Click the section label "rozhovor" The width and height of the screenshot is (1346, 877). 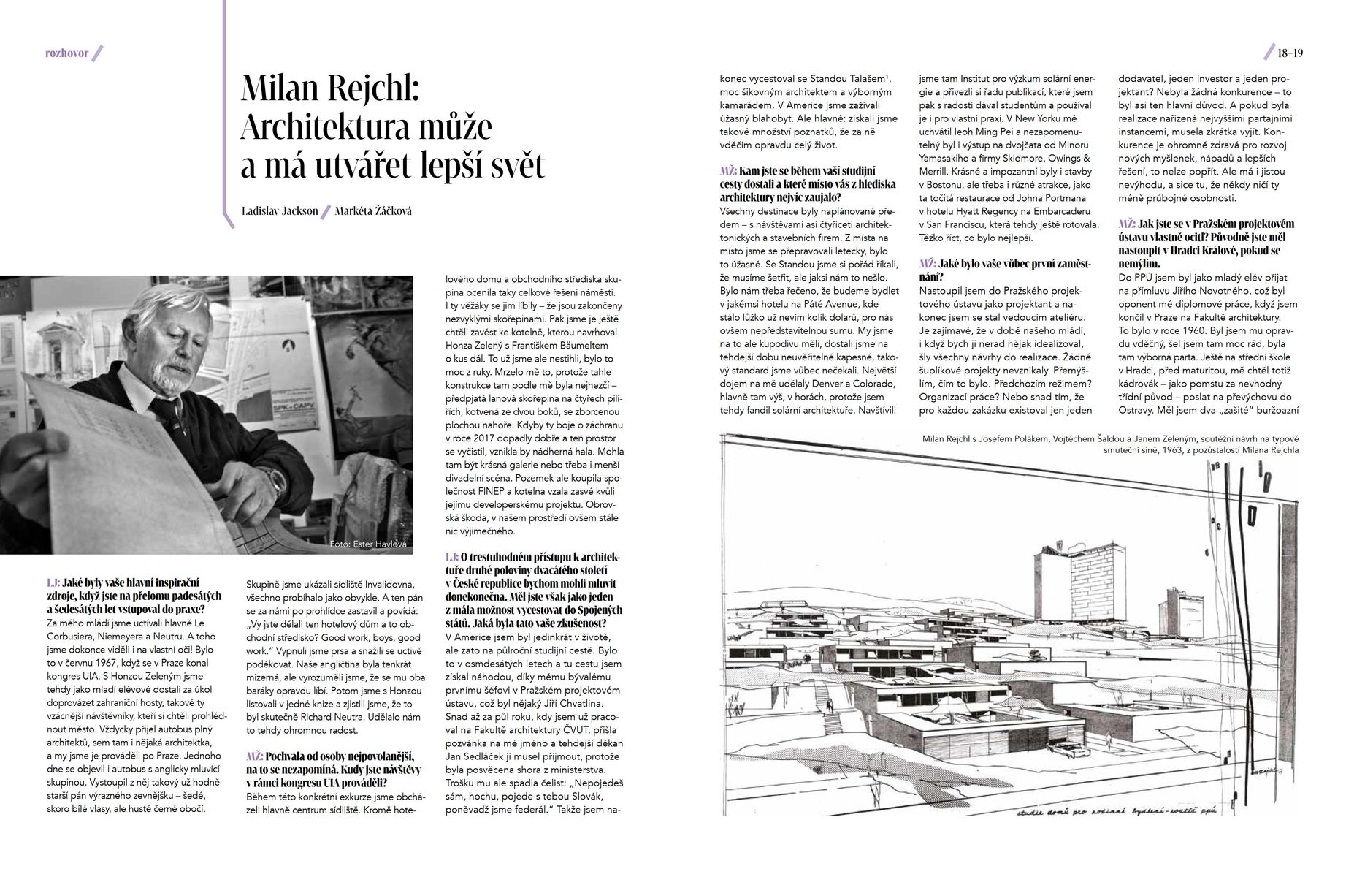(x=66, y=53)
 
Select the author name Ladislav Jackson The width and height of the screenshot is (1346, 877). (x=280, y=210)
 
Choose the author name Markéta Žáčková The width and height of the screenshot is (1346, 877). (x=373, y=210)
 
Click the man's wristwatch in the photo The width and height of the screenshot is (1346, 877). (x=276, y=480)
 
